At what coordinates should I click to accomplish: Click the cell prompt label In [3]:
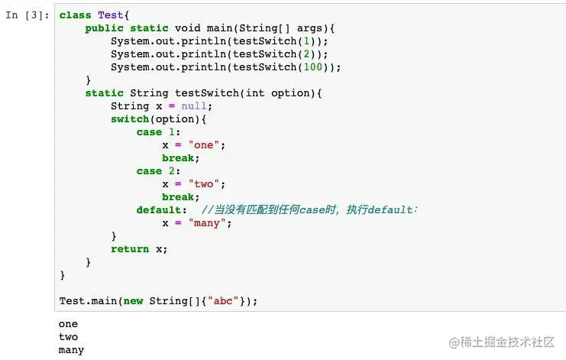(28, 15)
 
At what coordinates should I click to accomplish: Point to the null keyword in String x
(194, 106)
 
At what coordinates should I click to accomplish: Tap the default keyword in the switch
(160, 210)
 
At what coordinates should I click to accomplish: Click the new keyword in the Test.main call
(133, 301)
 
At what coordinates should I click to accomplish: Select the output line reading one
(68, 324)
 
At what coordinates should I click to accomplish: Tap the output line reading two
(68, 337)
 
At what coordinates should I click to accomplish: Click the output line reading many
(71, 350)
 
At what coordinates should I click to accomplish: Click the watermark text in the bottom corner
(502, 342)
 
